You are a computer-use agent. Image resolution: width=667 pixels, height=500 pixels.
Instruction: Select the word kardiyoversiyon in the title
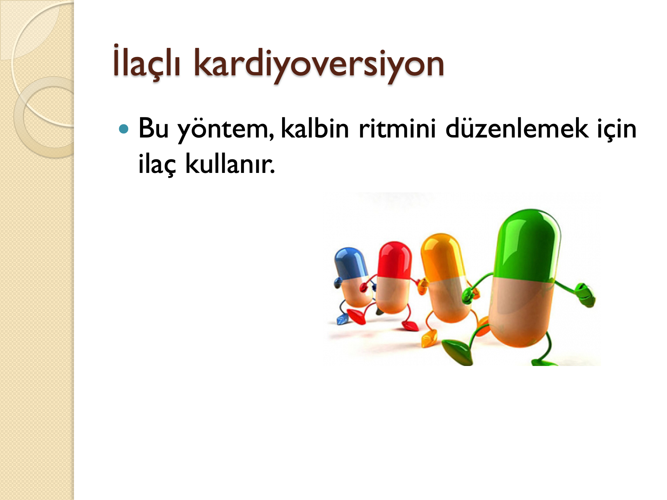(x=319, y=65)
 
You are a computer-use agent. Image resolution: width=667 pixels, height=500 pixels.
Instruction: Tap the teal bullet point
(x=124, y=130)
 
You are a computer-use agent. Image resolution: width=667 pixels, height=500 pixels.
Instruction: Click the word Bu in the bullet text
(x=154, y=129)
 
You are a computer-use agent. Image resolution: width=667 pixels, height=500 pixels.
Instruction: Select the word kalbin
(x=315, y=128)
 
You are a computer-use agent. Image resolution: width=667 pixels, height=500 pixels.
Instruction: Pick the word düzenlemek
(x=517, y=128)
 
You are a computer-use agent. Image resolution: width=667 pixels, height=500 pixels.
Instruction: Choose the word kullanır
(x=230, y=163)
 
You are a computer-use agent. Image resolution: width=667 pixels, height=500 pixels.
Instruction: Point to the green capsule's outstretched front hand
(x=585, y=295)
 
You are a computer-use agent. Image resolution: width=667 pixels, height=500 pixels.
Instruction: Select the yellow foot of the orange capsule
(x=429, y=338)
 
